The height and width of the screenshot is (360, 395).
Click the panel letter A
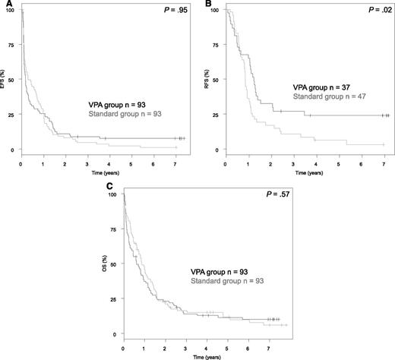4,5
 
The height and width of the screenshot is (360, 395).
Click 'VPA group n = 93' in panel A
125,103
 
